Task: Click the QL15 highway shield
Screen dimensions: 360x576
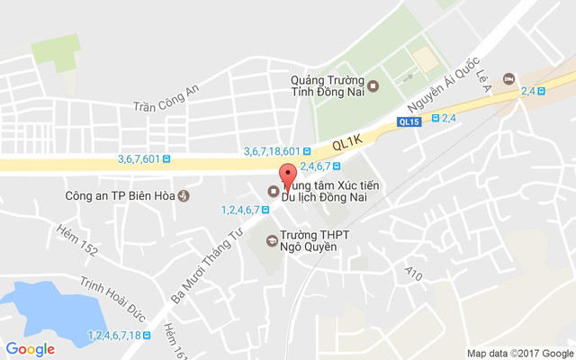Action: click(409, 121)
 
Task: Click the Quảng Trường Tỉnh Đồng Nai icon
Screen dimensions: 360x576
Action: click(374, 86)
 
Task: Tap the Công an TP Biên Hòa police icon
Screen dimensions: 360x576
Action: click(184, 195)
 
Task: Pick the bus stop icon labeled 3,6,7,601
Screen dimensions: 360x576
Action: click(167, 159)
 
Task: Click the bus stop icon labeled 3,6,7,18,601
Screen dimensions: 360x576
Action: click(308, 151)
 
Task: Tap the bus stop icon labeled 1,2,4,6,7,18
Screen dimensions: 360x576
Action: click(148, 335)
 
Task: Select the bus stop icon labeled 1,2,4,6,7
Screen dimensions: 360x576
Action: click(266, 210)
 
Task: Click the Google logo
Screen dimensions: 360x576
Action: click(30, 349)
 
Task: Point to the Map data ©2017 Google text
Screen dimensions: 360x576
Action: click(519, 353)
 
